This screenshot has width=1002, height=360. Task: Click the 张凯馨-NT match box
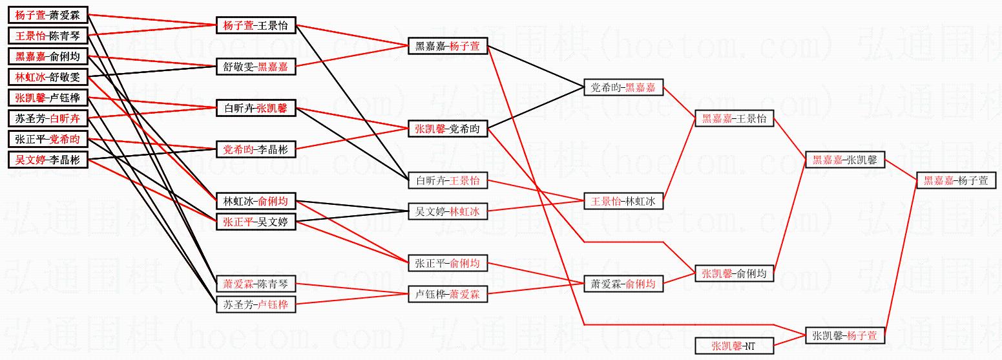tap(734, 346)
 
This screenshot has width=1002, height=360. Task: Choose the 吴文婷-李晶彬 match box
tap(48, 160)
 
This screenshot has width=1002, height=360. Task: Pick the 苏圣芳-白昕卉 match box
tap(48, 118)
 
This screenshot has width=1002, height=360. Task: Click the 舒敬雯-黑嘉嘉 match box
tap(256, 67)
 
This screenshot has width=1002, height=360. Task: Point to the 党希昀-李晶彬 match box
tap(256, 150)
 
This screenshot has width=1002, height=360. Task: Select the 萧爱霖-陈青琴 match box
tap(256, 284)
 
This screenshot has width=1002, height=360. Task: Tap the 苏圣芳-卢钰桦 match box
tap(256, 304)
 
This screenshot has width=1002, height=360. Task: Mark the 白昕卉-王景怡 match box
tap(448, 181)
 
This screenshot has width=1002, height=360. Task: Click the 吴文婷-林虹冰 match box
tap(448, 211)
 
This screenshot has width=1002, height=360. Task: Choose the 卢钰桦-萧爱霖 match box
tap(448, 295)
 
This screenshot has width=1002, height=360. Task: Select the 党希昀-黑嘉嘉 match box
tap(623, 87)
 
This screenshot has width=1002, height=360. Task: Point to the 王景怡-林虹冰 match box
tap(623, 202)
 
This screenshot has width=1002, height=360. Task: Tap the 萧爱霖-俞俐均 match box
tap(623, 284)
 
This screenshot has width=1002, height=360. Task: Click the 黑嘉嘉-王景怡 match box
tap(734, 119)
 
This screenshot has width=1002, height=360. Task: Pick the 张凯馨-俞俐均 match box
tap(734, 274)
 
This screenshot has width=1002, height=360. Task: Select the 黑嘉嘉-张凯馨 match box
tap(844, 160)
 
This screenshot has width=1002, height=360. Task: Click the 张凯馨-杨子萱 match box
tap(844, 336)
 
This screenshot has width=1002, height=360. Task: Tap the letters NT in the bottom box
tap(749, 346)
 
